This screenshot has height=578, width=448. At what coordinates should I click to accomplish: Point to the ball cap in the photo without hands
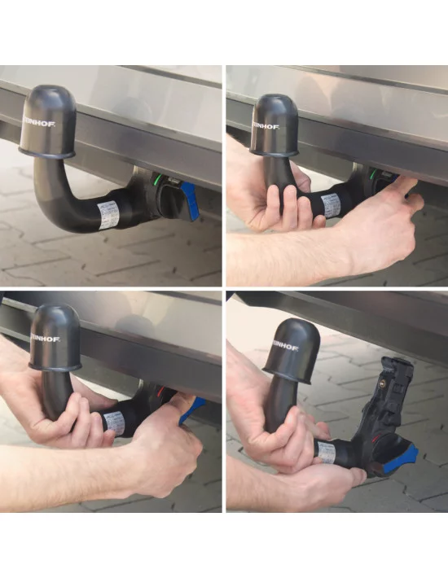pyautogui.click(x=51, y=121)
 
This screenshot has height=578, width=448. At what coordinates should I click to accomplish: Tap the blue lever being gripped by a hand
pyautogui.click(x=190, y=405)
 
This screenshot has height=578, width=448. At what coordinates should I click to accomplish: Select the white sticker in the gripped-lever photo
pyautogui.click(x=114, y=422)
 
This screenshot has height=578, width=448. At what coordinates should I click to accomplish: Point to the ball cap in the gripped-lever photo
pyautogui.click(x=57, y=335)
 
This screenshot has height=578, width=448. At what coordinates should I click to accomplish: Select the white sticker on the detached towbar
pyautogui.click(x=326, y=453)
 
